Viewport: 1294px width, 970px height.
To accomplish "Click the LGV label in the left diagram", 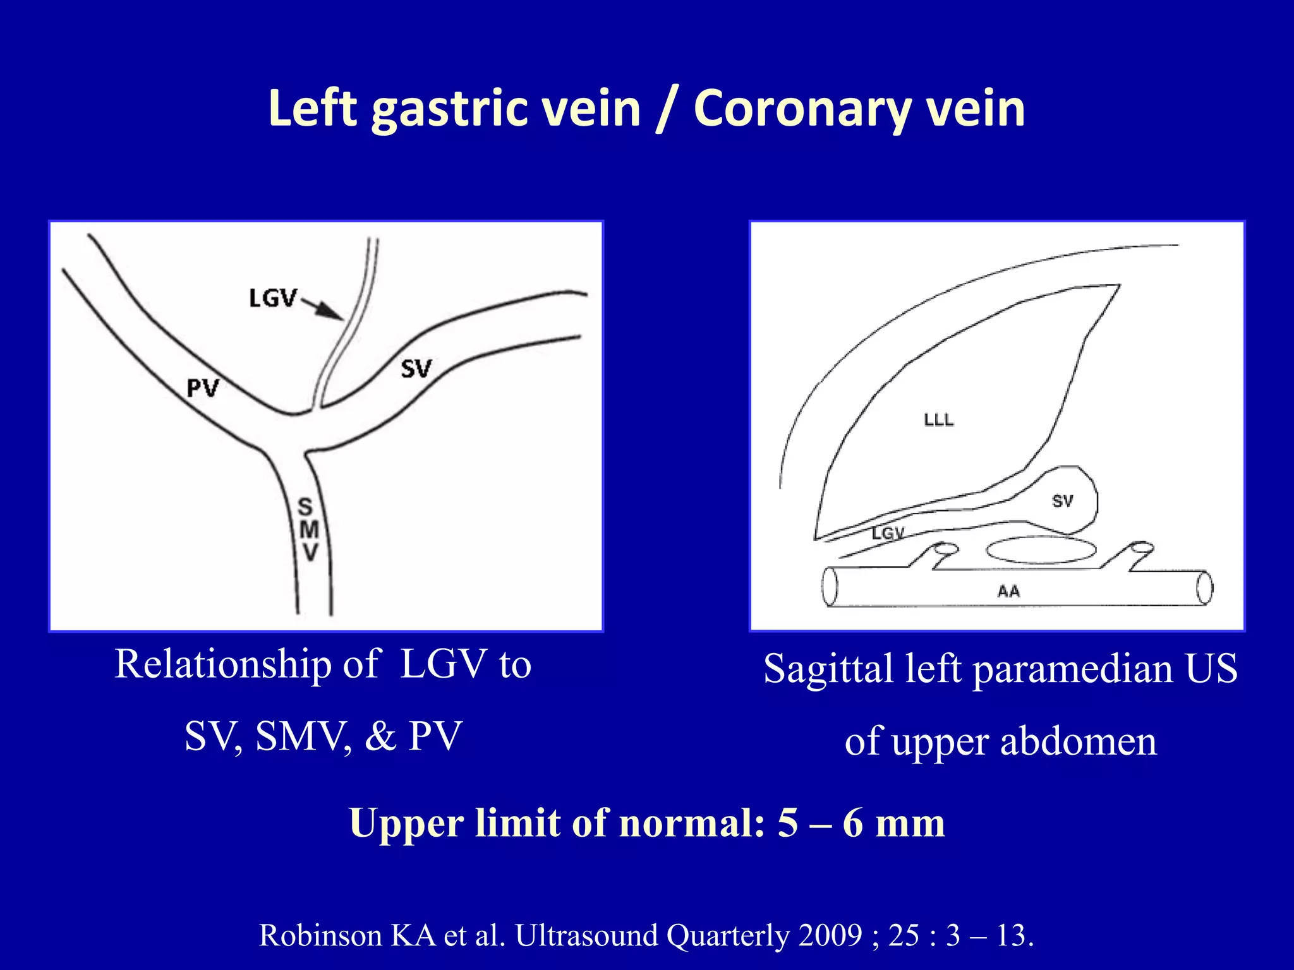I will [272, 298].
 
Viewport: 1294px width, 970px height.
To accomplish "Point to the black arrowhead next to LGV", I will [330, 311].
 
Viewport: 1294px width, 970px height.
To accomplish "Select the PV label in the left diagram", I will [202, 388].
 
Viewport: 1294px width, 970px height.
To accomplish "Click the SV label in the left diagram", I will [416, 369].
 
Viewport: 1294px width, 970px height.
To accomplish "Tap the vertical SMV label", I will [308, 529].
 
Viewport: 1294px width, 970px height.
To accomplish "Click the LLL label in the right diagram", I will [939, 420].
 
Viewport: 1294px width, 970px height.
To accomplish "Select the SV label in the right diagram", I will [1062, 501].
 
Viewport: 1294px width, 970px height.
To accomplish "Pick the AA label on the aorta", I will [1008, 592].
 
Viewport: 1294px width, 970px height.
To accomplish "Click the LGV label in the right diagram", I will [888, 534].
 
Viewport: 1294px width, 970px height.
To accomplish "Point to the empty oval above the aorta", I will [1041, 549].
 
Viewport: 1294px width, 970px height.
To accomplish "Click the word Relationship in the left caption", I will [222, 664].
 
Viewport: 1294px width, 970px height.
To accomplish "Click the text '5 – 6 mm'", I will [861, 823].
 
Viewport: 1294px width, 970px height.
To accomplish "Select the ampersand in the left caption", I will [380, 736].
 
